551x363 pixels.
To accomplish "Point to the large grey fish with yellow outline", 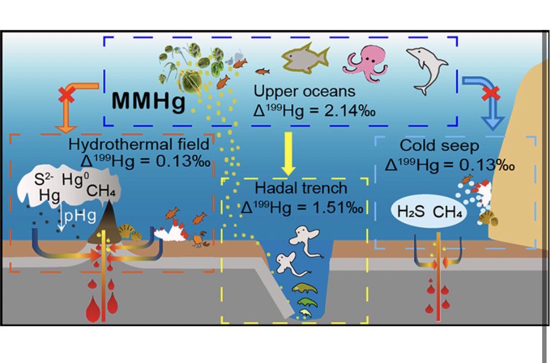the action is coord(304,61).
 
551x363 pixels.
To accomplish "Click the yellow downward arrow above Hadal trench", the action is coord(289,156).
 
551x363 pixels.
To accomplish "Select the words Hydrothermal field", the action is coord(139,145).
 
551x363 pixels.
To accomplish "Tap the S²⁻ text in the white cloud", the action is coord(39,181).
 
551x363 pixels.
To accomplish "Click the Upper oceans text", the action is coord(305,91).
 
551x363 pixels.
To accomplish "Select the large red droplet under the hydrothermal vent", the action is coord(93,310).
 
